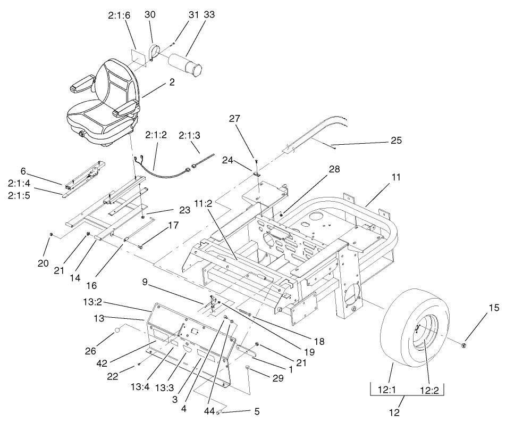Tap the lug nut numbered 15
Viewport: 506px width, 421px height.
click(x=464, y=345)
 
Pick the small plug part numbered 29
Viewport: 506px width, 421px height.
click(x=248, y=368)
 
